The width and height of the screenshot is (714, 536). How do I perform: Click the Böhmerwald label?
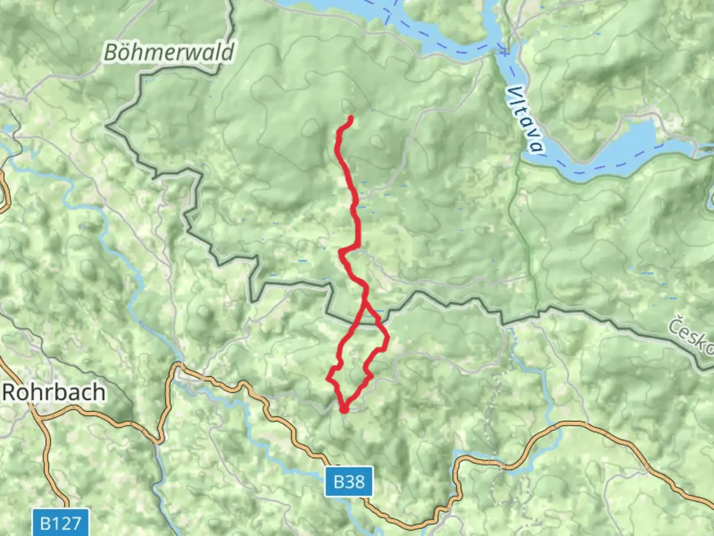point(169,52)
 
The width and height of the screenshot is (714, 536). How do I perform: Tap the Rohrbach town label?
point(54,393)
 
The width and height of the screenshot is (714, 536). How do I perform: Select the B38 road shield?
point(349,481)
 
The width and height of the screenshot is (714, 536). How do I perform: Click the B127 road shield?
point(60,523)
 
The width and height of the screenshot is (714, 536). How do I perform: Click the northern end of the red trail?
point(351,118)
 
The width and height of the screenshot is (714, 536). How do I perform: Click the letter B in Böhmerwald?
point(111,52)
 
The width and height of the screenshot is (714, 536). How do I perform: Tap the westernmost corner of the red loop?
point(328,379)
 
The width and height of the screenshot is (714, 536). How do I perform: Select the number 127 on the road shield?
point(67,523)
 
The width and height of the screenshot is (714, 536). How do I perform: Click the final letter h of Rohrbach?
point(99,393)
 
